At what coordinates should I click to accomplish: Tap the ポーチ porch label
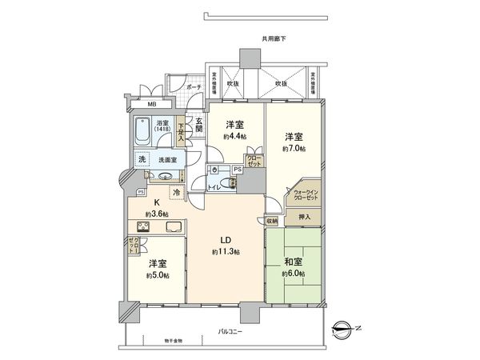[191, 86]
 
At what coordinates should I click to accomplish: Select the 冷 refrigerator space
[175, 192]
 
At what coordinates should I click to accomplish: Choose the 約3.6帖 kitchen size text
[156, 214]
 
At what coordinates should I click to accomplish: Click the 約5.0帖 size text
[157, 276]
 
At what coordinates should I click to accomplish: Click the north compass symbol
[342, 326]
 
